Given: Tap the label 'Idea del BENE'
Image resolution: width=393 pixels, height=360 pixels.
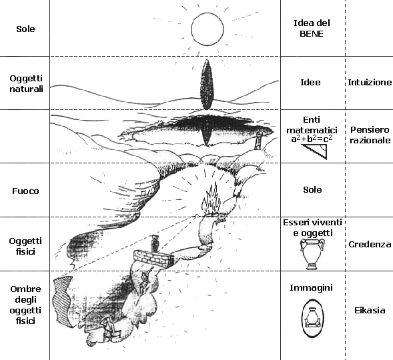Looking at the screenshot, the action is [x=312, y=28].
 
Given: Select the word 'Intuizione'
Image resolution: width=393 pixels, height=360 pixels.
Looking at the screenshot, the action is [x=370, y=83].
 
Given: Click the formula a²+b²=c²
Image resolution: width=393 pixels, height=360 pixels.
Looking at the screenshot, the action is [x=312, y=139].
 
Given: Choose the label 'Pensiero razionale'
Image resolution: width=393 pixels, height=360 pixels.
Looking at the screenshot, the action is [x=370, y=135].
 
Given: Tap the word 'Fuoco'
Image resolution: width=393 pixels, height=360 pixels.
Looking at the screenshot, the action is [x=25, y=191].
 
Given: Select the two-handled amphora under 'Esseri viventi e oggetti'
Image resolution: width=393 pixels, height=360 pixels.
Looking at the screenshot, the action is [x=312, y=254].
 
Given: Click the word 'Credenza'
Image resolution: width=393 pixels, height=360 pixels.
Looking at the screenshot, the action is [x=370, y=245].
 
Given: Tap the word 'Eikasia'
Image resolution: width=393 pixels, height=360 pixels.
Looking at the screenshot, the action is [x=370, y=311].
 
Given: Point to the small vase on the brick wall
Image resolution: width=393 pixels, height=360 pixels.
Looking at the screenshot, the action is [x=154, y=243].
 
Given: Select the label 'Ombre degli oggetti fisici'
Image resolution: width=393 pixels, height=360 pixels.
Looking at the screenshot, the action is [x=25, y=305].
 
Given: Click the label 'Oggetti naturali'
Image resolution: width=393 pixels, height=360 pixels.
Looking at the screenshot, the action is [x=26, y=83].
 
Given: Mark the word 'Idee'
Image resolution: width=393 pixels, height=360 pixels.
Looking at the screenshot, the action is [x=310, y=83].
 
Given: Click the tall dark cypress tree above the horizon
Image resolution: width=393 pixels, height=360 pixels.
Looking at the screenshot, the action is [x=206, y=85].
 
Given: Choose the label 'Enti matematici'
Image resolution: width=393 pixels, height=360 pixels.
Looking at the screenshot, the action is [x=312, y=125].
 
